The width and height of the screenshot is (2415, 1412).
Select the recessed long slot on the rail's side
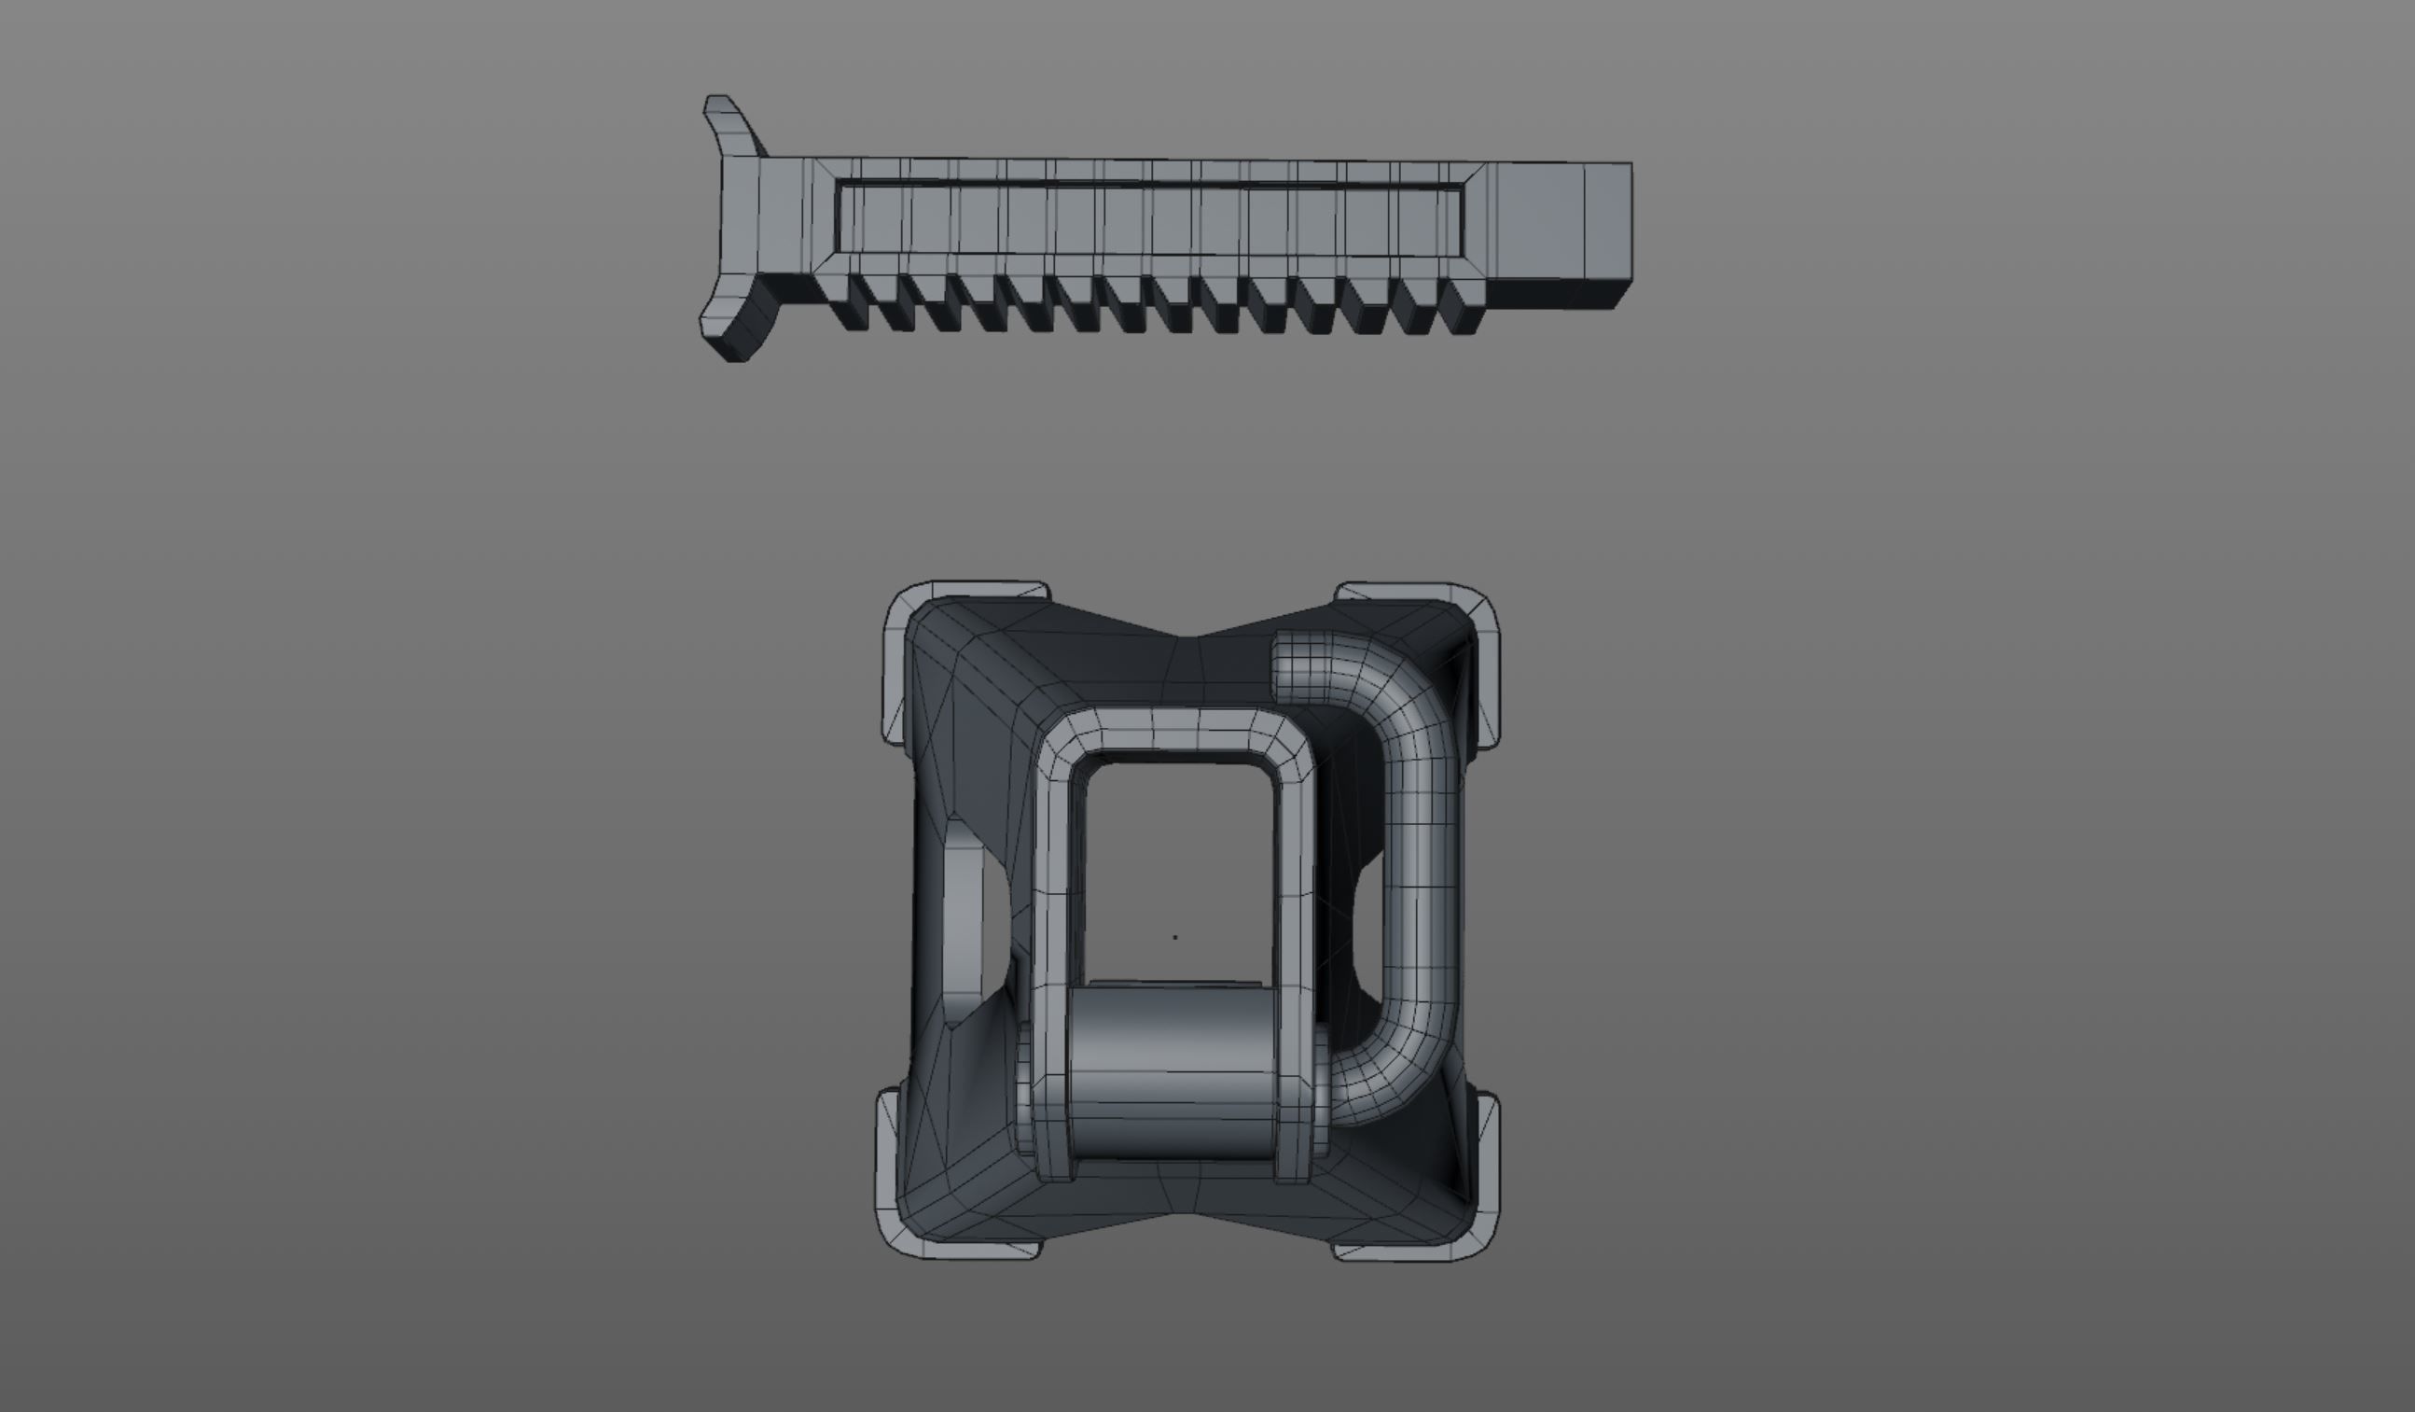(x=1150, y=220)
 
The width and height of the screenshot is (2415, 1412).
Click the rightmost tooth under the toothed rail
(x=1461, y=307)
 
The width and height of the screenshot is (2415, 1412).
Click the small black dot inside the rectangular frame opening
(x=1175, y=938)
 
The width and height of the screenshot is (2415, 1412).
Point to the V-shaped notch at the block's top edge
(x=1193, y=636)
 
